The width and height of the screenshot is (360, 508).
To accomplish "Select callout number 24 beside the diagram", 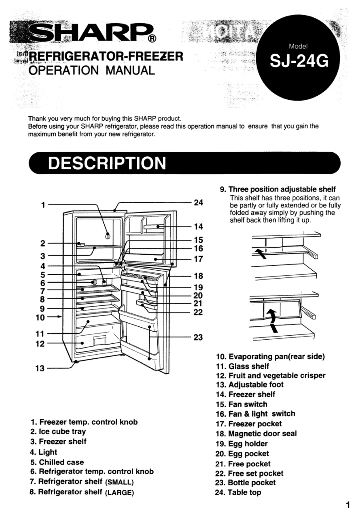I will [x=198, y=203].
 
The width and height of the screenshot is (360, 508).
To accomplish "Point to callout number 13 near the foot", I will [x=41, y=368].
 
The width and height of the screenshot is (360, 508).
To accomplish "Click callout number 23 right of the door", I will [x=198, y=337].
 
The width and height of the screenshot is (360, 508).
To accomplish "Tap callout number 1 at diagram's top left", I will [x=43, y=205].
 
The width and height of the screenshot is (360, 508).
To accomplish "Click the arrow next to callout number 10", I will [x=56, y=317].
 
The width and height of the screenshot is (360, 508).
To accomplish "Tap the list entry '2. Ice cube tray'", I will [x=58, y=431].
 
